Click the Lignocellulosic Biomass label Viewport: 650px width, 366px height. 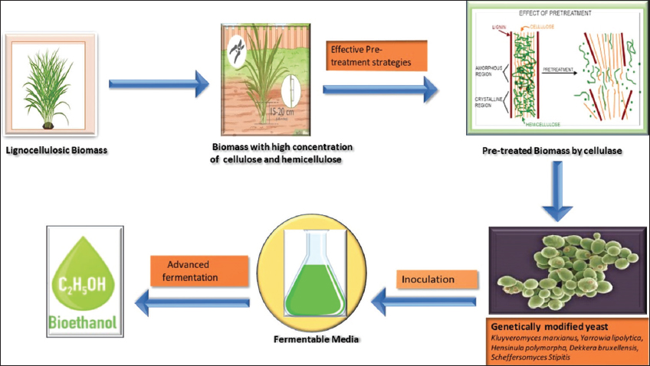tap(54, 149)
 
